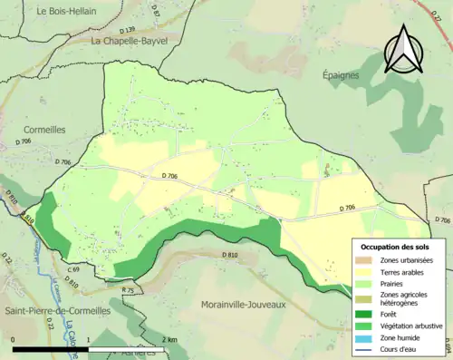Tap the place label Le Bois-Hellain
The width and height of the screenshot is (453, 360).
click(x=69, y=11)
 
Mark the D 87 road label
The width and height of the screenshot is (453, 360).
click(x=155, y=11)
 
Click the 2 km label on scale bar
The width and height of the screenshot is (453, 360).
click(x=169, y=339)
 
